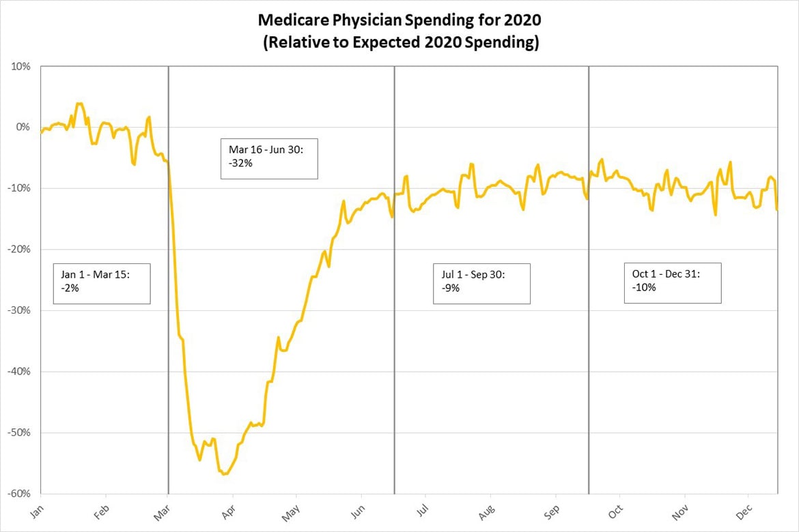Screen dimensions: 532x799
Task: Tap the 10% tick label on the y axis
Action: point(20,67)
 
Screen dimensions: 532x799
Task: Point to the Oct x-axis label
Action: point(615,511)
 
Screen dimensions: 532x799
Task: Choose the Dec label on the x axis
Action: point(746,511)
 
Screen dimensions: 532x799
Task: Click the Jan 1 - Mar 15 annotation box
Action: point(101,284)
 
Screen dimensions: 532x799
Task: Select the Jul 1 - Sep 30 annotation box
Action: point(481,283)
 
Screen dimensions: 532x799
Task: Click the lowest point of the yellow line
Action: point(224,474)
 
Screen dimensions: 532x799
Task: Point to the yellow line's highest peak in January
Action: point(79,104)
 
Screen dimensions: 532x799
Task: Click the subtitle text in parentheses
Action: point(399,42)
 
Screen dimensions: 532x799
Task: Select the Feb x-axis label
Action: point(102,511)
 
